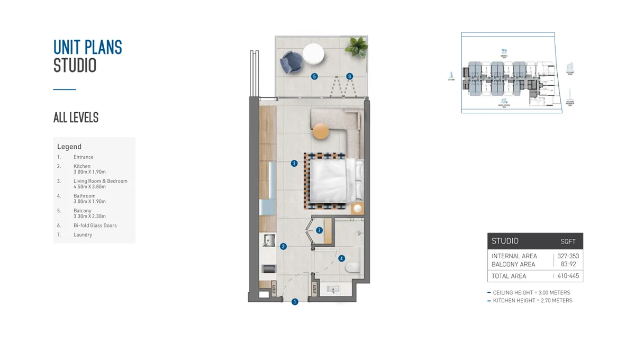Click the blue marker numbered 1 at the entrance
tap(295, 302)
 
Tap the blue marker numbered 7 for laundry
tap(319, 230)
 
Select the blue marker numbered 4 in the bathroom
tap(341, 258)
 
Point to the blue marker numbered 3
tap(294, 164)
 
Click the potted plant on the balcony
tap(356, 47)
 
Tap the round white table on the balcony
tap(313, 53)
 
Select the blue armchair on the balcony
tap(291, 62)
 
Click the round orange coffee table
tap(321, 131)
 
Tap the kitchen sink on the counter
tap(268, 241)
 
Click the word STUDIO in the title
tap(75, 66)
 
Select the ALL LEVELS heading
tap(76, 118)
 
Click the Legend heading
tap(69, 147)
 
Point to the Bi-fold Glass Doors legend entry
tap(95, 226)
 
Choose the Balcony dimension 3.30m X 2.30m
tap(89, 216)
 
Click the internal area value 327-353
tap(568, 256)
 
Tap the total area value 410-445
tap(568, 276)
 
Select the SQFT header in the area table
tap(568, 241)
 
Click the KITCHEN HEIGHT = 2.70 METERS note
tap(532, 301)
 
